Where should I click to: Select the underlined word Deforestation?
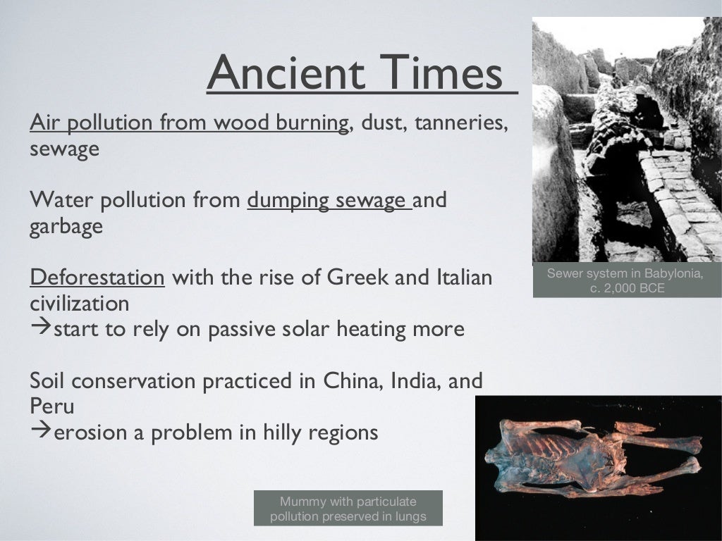click(x=97, y=277)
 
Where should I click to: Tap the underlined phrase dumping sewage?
click(x=329, y=200)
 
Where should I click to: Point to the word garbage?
click(x=66, y=228)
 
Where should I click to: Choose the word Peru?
click(x=51, y=406)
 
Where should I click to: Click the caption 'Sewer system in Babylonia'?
click(x=625, y=274)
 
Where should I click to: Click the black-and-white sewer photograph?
click(x=626, y=141)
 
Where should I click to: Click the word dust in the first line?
click(x=383, y=123)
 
